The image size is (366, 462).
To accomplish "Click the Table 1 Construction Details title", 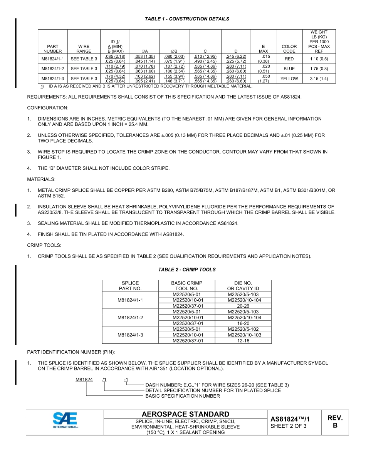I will [187, 19].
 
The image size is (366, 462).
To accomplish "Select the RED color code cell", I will [289, 59].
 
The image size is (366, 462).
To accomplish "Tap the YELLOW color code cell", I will [289, 78].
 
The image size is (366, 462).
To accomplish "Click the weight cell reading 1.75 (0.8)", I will [319, 69].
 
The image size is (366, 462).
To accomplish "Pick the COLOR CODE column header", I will [289, 49].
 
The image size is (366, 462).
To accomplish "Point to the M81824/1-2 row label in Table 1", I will [52, 69].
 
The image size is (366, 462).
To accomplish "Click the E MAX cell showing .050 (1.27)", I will [263, 78].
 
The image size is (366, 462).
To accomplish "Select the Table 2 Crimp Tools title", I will [187, 269].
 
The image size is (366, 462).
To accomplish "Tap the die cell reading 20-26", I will [243, 306].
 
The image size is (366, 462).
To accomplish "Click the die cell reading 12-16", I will [243, 341].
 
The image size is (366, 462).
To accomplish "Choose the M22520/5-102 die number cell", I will [243, 329].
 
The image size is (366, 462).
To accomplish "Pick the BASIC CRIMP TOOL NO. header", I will [186, 286].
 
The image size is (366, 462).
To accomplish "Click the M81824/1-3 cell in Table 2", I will [130, 335].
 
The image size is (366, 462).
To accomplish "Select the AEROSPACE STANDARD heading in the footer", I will [185, 414].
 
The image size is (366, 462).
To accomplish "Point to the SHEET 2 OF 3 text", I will [289, 426].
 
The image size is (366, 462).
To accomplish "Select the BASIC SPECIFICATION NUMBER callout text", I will [183, 396].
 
